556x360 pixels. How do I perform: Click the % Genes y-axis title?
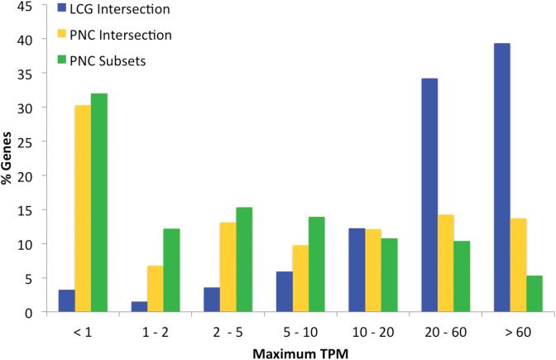point(7,160)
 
